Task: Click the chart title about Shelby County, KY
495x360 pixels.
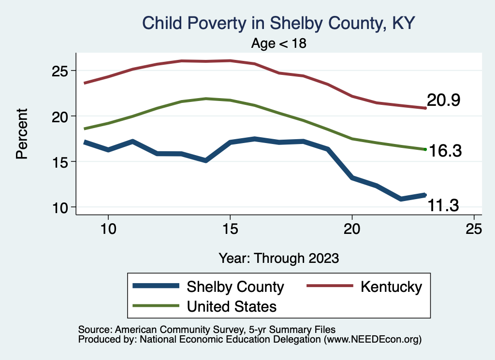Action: pyautogui.click(x=278, y=23)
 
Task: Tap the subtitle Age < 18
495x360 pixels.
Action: pyautogui.click(x=279, y=43)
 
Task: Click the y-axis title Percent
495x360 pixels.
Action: pyautogui.click(x=22, y=134)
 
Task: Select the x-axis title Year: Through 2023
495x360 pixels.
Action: pyautogui.click(x=278, y=258)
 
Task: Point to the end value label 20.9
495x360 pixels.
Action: pyautogui.click(x=443, y=101)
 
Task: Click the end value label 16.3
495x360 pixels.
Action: pyautogui.click(x=446, y=151)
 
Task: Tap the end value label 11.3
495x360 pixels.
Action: pyautogui.click(x=443, y=206)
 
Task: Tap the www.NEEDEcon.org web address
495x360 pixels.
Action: pyautogui.click(x=372, y=340)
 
